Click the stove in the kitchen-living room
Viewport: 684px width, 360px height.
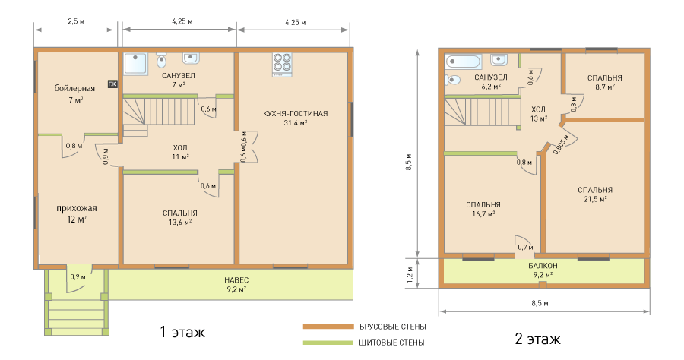[x=282, y=65]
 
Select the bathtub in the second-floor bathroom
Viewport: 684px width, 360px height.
[x=464, y=61]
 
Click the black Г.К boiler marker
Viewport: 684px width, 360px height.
[x=112, y=84]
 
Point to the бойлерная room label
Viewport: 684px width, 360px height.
[x=74, y=88]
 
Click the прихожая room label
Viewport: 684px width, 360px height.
[x=76, y=208]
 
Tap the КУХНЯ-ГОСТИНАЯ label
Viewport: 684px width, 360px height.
[x=296, y=114]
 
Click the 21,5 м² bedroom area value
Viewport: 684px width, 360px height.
[x=595, y=199]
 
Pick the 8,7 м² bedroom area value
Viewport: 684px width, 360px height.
[x=605, y=87]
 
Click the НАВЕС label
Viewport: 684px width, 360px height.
[x=236, y=279]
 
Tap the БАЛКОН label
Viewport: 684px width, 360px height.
[x=543, y=265]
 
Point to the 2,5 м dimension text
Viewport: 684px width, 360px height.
[x=76, y=21]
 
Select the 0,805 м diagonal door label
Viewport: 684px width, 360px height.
[x=561, y=144]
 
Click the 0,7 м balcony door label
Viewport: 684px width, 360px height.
[x=525, y=248]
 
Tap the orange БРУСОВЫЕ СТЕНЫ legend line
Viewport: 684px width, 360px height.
[x=328, y=327]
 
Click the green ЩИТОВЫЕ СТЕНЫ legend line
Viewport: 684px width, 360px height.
[x=328, y=343]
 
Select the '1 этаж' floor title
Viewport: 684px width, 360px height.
[x=182, y=332]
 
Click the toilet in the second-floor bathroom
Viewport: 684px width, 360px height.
[x=453, y=80]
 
